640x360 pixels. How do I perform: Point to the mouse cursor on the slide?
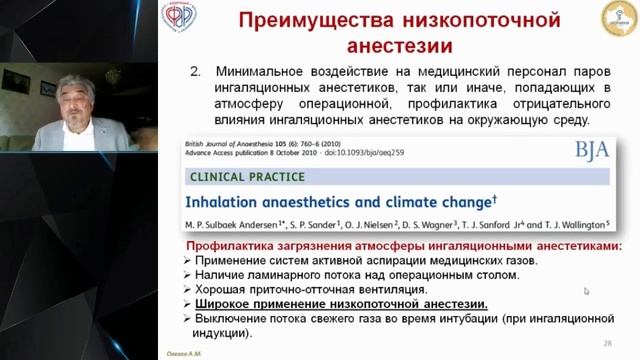[587, 291]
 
